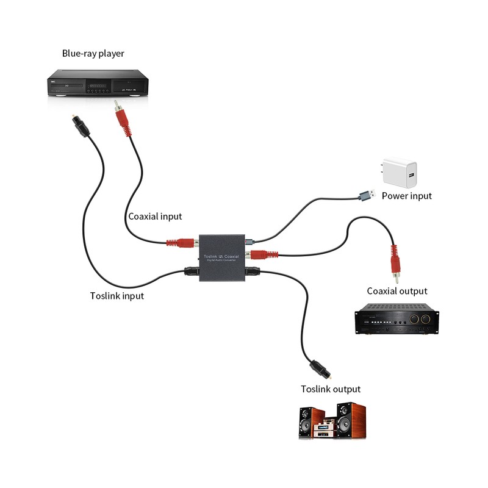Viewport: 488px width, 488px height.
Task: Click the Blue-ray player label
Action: pyautogui.click(x=93, y=54)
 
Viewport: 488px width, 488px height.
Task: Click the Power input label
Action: pyautogui.click(x=406, y=196)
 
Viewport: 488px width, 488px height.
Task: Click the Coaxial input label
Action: pyautogui.click(x=155, y=216)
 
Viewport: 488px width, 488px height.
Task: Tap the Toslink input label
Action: pyautogui.click(x=117, y=296)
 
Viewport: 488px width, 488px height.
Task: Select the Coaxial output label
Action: pyautogui.click(x=397, y=291)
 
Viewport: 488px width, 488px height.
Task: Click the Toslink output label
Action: pyautogui.click(x=331, y=389)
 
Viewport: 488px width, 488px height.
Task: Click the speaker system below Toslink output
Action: pyautogui.click(x=332, y=421)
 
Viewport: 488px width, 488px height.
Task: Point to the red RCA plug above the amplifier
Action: pyautogui.click(x=395, y=262)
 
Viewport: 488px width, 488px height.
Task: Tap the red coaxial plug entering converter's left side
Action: pyautogui.click(x=181, y=242)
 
